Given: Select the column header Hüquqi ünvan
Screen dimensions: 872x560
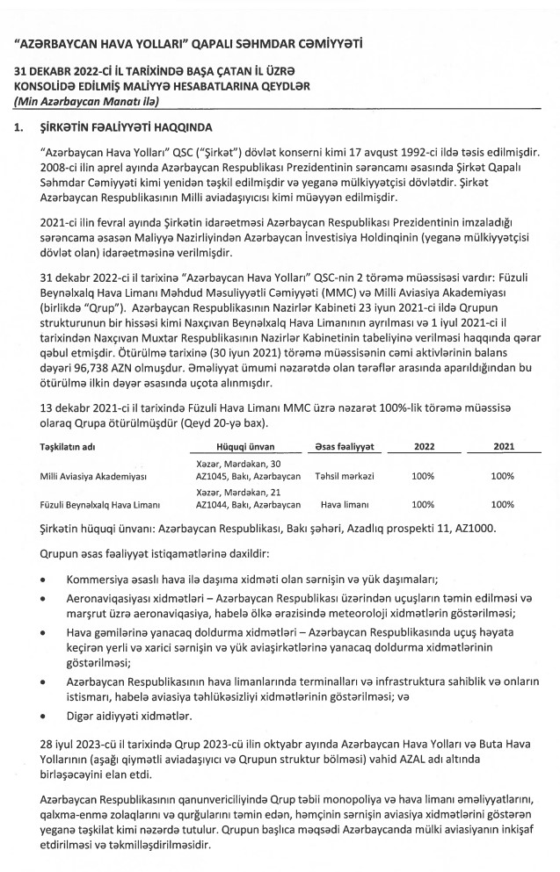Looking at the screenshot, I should pos(242,446).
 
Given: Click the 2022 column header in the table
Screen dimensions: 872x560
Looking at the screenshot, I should pos(424,446).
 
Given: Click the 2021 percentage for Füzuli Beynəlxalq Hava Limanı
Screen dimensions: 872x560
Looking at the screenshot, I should pos(503,505).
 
